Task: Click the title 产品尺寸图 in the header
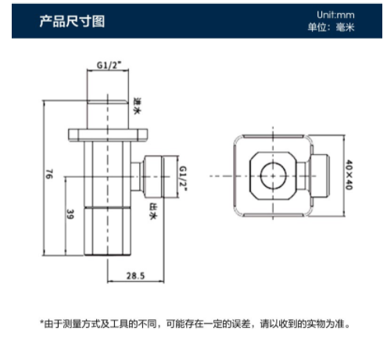[x=72, y=21]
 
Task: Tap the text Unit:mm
[x=335, y=15]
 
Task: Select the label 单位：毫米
[x=331, y=27]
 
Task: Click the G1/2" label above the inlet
[x=109, y=65]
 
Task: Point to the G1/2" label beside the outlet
[x=183, y=178]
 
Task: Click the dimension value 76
[x=49, y=174]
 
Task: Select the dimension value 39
[x=70, y=214]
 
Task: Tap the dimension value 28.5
[x=135, y=275]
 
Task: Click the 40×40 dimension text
[x=349, y=175]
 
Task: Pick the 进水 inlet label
[x=137, y=106]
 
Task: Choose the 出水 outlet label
[x=153, y=211]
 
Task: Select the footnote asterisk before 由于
[x=41, y=322]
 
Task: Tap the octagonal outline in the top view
[x=250, y=176]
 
